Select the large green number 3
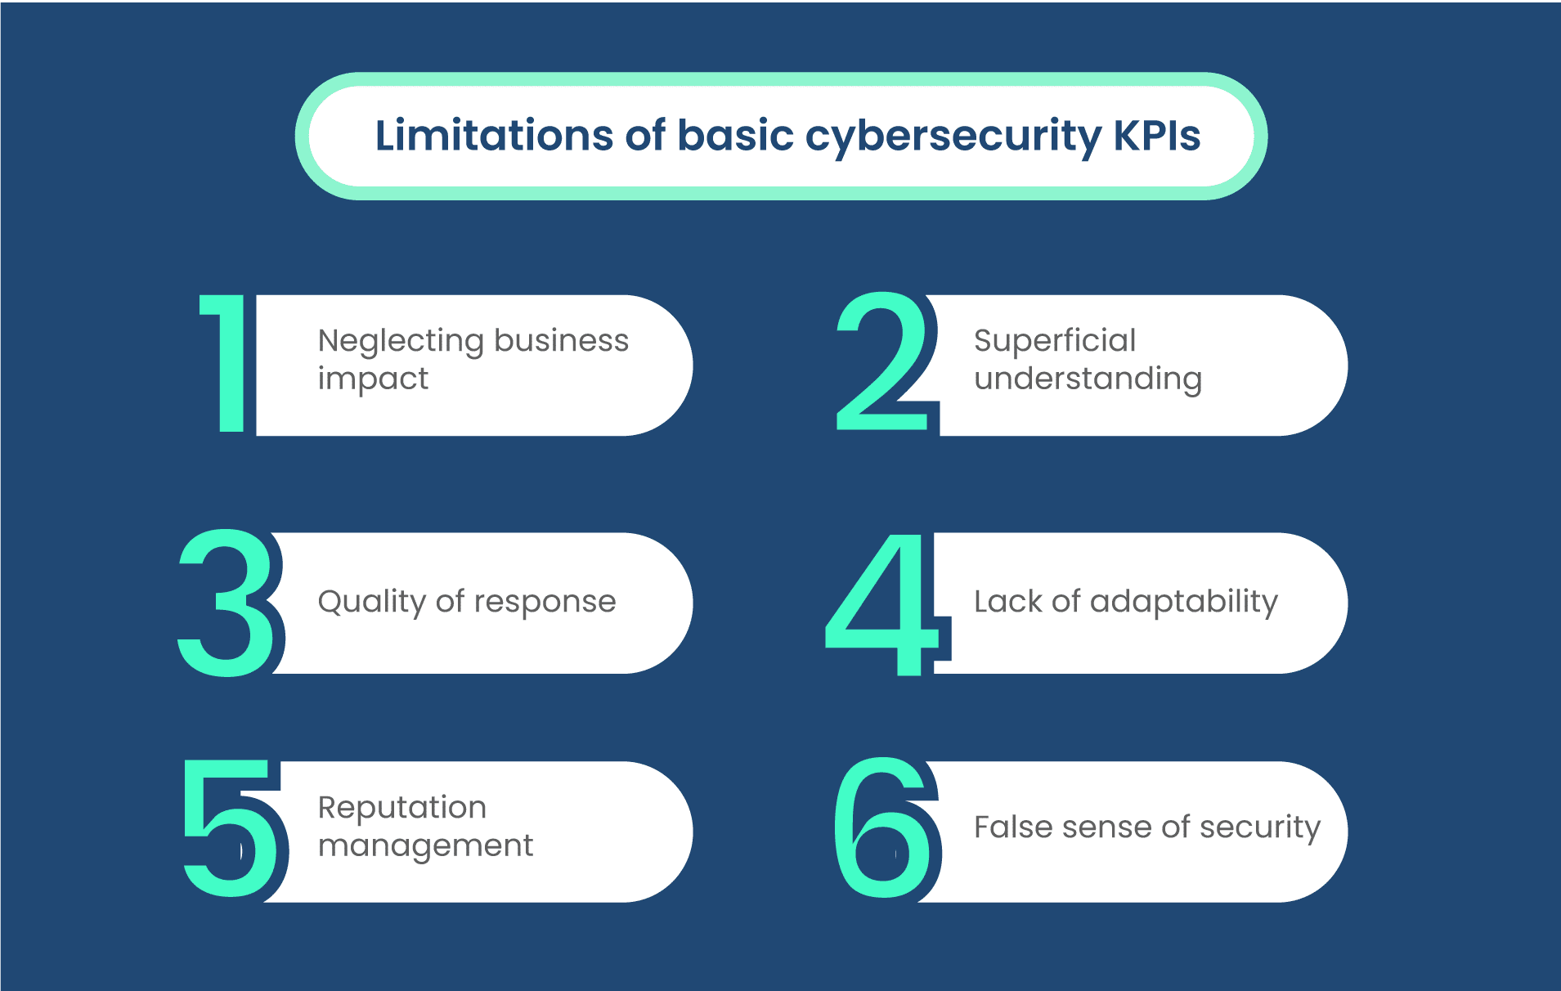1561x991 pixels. (227, 603)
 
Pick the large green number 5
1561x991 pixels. (229, 827)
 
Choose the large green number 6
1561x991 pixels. (882, 827)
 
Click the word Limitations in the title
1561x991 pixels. (494, 135)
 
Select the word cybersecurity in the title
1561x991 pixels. (953, 137)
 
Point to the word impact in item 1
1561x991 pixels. (373, 379)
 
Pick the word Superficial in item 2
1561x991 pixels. (1055, 340)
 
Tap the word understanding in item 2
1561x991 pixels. (1088, 379)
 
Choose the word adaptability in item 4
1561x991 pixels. (1184, 603)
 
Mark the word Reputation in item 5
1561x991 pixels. (402, 809)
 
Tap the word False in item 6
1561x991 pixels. (1012, 827)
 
